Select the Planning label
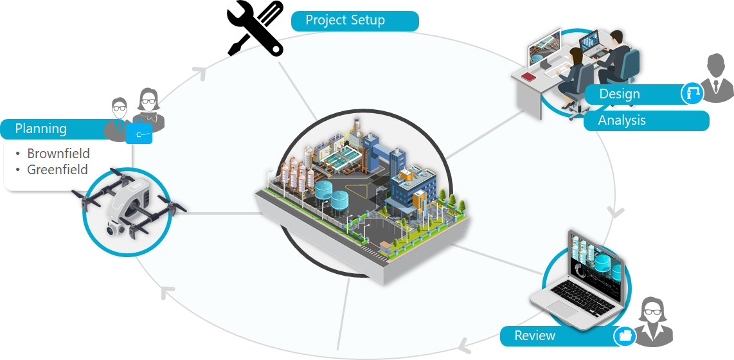[x=41, y=129]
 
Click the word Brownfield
[x=58, y=154]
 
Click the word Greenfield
[x=57, y=170]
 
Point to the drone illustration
[x=129, y=206]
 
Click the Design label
[x=620, y=94]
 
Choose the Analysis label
[x=622, y=120]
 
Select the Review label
[x=535, y=336]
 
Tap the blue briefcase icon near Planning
[x=139, y=133]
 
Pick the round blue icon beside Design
[x=692, y=93]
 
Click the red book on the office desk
[x=528, y=77]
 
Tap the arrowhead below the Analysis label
[x=617, y=212]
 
